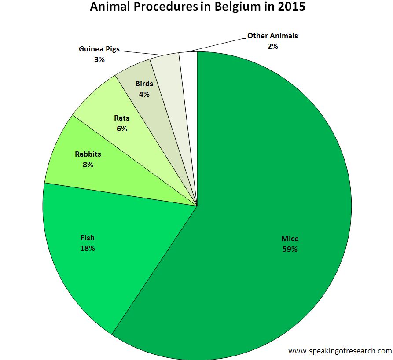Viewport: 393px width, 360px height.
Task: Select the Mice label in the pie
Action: coord(290,239)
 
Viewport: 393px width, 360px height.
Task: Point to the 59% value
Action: coord(290,250)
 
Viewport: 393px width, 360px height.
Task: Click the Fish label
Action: coord(88,238)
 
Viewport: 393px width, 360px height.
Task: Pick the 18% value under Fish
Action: coord(88,248)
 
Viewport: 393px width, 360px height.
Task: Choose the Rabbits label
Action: coord(88,154)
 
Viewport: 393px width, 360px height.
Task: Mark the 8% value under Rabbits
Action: coord(88,165)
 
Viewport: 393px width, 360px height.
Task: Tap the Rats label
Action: coord(122,118)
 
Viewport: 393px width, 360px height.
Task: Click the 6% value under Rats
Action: coord(122,129)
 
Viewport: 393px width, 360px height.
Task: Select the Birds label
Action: coord(144,84)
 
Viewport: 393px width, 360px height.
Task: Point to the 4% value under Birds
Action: coord(144,94)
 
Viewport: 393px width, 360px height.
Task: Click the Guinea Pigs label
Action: coord(99,49)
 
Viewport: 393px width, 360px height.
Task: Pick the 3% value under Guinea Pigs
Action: coord(99,59)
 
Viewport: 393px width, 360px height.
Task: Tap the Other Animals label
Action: coord(272,36)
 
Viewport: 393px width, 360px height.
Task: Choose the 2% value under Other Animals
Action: coord(272,46)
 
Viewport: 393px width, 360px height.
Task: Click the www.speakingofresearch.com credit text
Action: coord(340,351)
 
